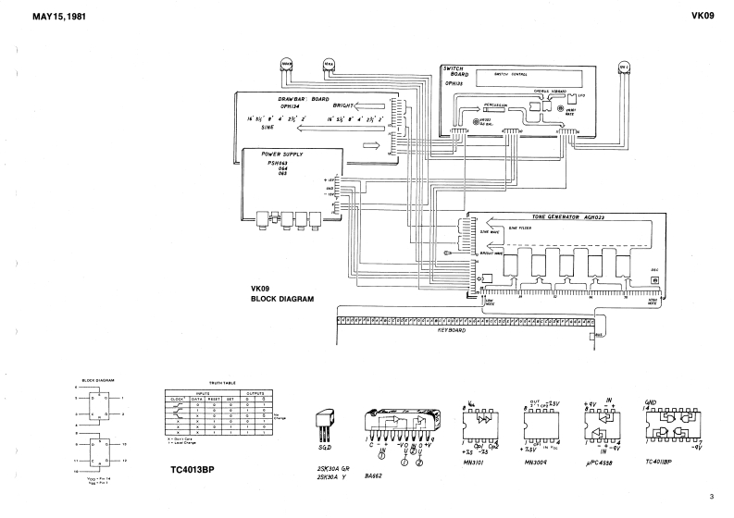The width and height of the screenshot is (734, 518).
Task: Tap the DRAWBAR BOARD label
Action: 305,99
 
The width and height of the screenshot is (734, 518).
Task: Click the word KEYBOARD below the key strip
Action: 454,328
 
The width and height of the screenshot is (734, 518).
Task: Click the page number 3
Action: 713,496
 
